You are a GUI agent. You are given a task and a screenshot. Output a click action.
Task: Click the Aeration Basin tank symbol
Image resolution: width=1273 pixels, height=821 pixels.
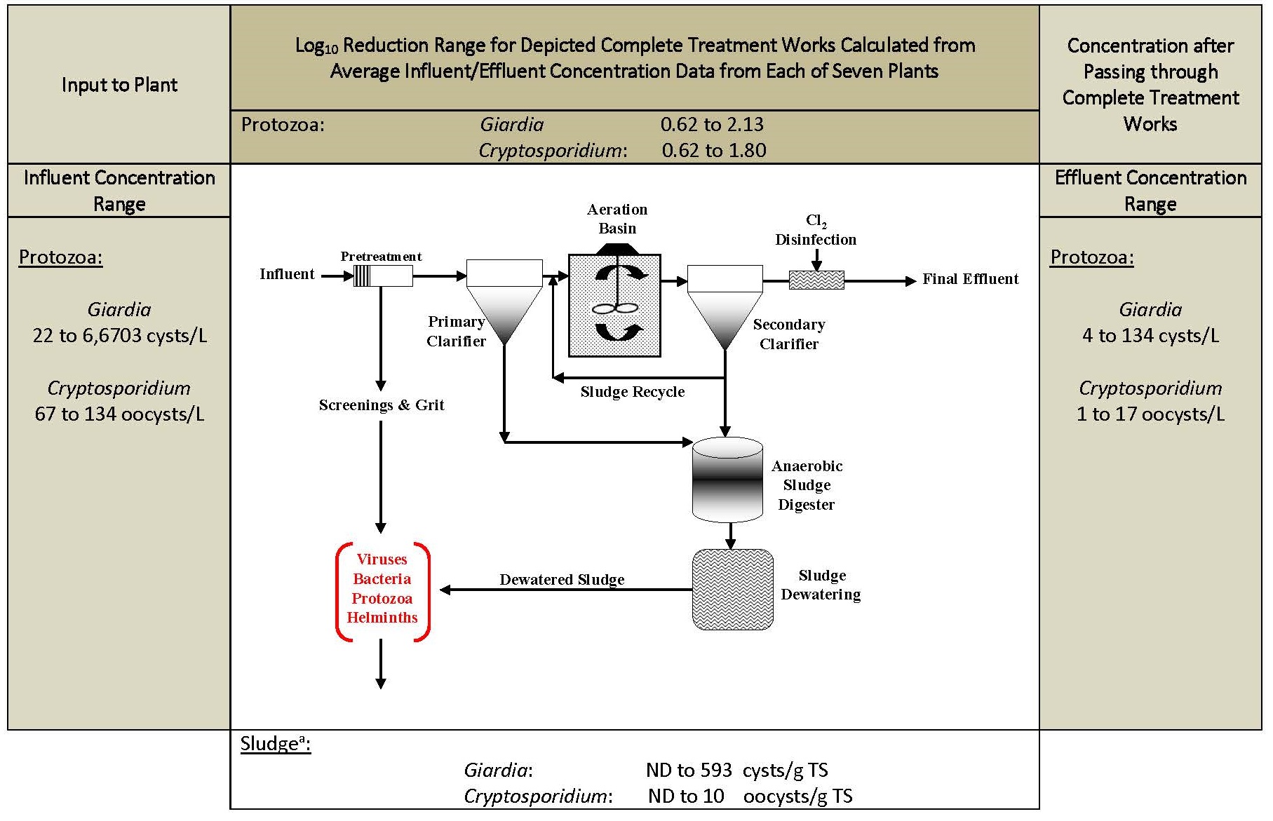coord(614,305)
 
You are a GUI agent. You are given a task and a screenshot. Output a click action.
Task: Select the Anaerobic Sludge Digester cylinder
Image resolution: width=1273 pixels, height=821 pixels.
coord(727,480)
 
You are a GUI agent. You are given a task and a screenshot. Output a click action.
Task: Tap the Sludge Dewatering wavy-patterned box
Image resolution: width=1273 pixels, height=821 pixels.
coord(732,589)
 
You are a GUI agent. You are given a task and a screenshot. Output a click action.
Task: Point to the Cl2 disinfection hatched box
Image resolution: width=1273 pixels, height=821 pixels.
coord(816,280)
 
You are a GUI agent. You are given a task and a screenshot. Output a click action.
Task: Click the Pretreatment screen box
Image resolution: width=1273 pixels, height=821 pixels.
coord(382,276)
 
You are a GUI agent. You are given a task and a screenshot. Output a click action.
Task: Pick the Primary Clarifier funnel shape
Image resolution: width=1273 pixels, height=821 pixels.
coord(504,302)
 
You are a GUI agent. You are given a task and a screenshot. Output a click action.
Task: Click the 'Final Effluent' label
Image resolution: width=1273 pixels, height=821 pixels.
coord(970,279)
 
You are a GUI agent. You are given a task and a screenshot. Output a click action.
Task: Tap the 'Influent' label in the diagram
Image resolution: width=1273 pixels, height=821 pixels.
coord(287,274)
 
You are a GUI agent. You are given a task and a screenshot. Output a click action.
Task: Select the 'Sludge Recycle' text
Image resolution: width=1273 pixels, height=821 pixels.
coord(633,392)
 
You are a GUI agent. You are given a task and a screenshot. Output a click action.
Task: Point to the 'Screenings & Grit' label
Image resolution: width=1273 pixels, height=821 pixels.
coord(382,405)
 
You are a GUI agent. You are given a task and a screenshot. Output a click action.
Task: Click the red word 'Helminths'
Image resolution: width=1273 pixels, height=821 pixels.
coord(382,618)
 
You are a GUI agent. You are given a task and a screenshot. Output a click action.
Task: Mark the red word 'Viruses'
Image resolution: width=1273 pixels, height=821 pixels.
coord(382,559)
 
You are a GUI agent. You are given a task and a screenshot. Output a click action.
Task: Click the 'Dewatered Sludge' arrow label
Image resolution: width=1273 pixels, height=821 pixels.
coord(562,580)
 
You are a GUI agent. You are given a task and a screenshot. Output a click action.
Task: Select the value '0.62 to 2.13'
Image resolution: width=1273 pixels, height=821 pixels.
coord(712,125)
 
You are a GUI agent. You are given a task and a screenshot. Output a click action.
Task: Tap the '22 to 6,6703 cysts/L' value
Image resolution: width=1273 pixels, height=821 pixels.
coord(120,336)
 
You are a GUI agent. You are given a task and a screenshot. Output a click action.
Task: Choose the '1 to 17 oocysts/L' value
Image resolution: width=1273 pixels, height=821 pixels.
coord(1150,414)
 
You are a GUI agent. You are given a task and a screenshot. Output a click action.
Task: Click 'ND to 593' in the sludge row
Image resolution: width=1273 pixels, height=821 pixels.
coord(689,771)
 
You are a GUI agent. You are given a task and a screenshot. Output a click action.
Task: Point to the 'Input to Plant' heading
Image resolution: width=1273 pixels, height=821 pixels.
coord(119,85)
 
